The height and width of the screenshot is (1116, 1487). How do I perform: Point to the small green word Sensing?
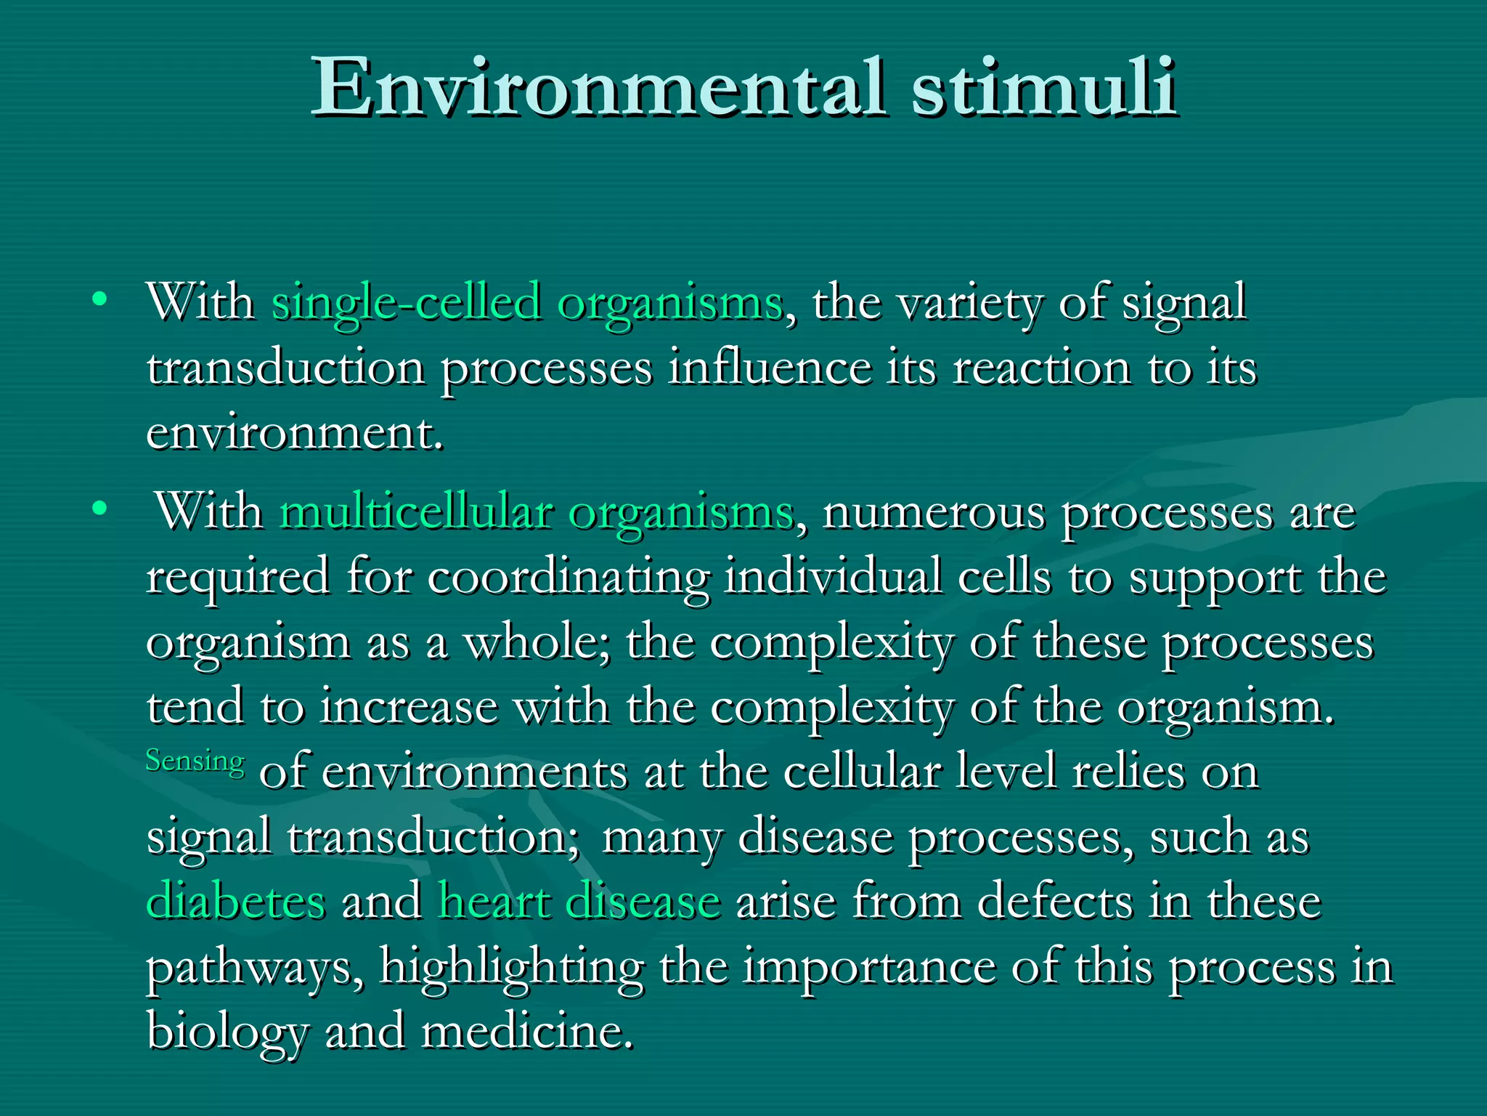[195, 761]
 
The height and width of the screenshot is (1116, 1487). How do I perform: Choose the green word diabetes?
[236, 902]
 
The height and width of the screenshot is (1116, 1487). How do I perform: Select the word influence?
[769, 368]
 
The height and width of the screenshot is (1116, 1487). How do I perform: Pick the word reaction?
[1041, 368]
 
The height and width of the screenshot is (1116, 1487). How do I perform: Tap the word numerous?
[934, 513]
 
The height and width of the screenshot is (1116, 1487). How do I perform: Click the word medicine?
[526, 1031]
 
